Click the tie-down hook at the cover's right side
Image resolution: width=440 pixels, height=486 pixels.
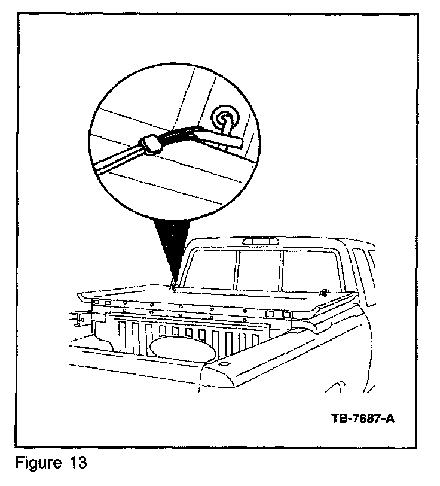click(x=323, y=291)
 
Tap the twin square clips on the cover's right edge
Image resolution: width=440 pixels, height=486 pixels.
click(x=275, y=313)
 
